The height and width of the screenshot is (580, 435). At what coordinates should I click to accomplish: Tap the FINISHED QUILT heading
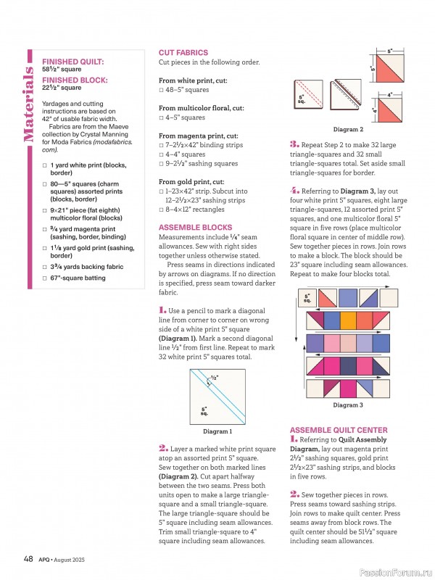tap(72, 62)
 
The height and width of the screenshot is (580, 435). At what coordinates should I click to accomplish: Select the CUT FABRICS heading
tap(183, 53)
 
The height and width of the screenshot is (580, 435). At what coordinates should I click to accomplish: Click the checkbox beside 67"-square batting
tap(44, 278)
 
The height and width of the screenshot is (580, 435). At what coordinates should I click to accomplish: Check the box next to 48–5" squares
tap(162, 90)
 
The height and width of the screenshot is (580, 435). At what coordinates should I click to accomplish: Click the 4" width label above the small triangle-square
tap(389, 95)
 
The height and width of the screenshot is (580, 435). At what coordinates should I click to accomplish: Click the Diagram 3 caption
tap(348, 405)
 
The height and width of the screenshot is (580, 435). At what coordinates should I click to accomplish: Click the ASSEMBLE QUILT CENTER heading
tap(338, 430)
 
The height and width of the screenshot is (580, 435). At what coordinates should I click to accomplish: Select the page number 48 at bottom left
tap(28, 558)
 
